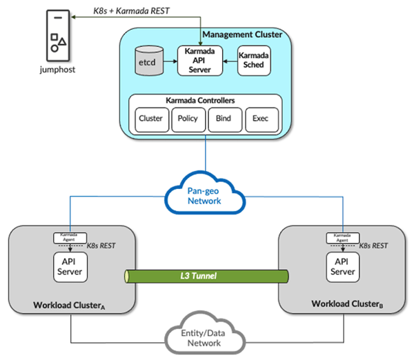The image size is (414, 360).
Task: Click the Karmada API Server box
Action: click(201, 60)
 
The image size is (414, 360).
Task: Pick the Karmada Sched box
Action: click(253, 60)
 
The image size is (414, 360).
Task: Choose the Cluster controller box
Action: click(150, 119)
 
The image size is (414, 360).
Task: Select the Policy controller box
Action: click(188, 119)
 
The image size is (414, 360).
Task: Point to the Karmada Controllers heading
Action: click(206, 100)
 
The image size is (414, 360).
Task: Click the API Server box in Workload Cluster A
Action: click(68, 267)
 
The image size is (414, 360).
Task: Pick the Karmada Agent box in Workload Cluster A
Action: click(68, 238)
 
